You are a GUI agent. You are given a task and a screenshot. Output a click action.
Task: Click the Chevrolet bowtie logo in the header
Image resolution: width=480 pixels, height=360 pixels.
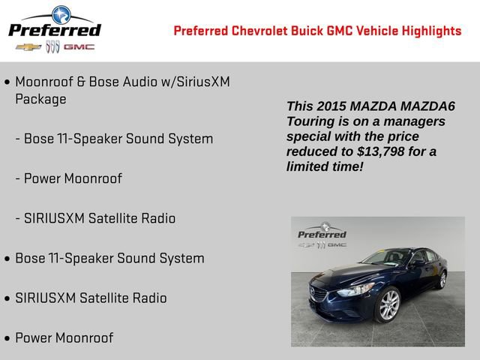click(x=28, y=46)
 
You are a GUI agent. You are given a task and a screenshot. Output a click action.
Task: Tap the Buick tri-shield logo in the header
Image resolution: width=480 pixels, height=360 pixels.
click(x=52, y=46)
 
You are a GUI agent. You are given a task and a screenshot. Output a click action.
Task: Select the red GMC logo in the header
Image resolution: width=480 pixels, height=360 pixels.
click(x=79, y=46)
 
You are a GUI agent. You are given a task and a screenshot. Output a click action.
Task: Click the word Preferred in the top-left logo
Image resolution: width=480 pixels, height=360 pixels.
click(x=54, y=29)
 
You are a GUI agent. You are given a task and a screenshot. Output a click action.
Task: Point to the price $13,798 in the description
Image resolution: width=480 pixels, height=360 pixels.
click(x=382, y=151)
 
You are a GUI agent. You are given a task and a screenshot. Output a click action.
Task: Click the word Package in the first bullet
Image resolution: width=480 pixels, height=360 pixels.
click(x=40, y=99)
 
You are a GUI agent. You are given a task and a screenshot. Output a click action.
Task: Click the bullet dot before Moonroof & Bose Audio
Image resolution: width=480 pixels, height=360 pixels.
click(x=7, y=81)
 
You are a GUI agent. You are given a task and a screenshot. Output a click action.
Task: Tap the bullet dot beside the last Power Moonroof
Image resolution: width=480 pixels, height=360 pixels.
click(x=7, y=337)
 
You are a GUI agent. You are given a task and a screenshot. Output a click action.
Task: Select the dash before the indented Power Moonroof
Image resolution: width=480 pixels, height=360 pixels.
click(x=17, y=178)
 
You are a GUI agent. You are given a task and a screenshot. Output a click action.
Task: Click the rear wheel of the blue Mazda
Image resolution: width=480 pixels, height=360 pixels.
click(x=442, y=280)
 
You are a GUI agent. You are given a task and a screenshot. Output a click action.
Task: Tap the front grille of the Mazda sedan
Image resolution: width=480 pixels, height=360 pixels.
click(x=319, y=295)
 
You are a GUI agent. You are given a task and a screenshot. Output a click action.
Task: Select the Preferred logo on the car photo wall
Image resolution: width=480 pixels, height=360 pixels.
click(x=322, y=232)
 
